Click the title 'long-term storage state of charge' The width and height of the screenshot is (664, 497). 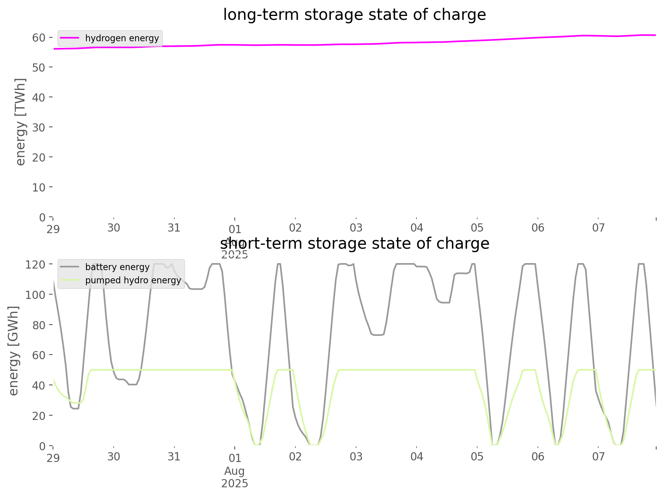click(x=354, y=15)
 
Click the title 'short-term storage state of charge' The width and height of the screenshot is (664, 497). click(x=354, y=244)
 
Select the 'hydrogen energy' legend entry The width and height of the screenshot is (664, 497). click(x=122, y=38)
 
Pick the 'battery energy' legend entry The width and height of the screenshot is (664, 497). click(x=117, y=267)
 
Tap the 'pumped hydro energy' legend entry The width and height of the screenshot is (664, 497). click(x=133, y=280)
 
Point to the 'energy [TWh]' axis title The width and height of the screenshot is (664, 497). click(x=21, y=122)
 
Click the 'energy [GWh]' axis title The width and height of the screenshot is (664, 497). click(x=14, y=351)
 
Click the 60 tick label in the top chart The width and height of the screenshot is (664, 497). click(x=39, y=37)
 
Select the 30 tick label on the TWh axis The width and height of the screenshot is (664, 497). click(x=39, y=127)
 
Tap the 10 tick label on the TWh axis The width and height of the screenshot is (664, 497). click(x=39, y=187)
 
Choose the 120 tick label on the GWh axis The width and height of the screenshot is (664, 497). click(x=36, y=265)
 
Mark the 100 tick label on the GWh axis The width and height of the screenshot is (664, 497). click(x=36, y=295)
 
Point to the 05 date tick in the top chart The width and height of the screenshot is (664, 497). click(x=477, y=228)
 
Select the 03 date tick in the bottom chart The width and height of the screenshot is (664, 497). click(x=356, y=457)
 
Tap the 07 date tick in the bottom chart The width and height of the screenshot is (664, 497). click(x=599, y=457)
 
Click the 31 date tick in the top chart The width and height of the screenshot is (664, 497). click(x=174, y=228)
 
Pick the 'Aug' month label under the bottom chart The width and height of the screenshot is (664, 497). click(x=235, y=471)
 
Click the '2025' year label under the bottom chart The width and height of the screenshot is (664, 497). click(x=235, y=483)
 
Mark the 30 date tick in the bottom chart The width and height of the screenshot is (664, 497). click(x=114, y=457)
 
